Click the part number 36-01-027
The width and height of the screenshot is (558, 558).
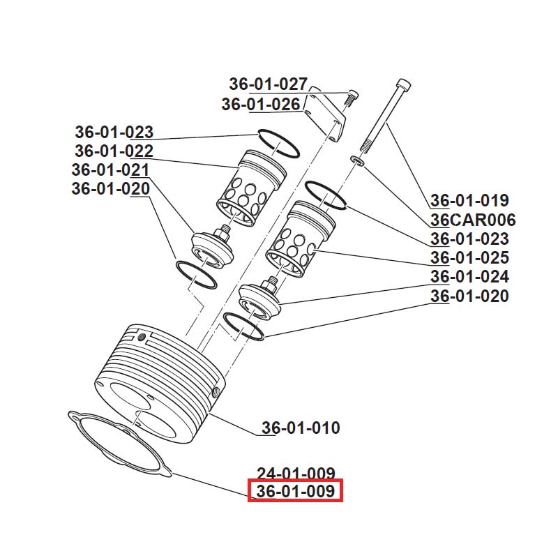coord(268,84)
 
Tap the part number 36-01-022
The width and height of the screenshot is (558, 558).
coord(114,151)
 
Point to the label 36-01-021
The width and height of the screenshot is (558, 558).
coord(110,169)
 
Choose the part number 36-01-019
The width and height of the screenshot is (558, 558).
coord(469,201)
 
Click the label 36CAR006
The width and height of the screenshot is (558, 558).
coord(472,220)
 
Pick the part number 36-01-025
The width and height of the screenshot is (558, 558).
coord(469,258)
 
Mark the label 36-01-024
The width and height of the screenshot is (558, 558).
coord(469,277)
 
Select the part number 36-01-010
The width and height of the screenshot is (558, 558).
coord(301,428)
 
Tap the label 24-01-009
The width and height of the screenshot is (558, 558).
coord(296,474)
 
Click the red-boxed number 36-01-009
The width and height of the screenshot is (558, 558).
coord(296,492)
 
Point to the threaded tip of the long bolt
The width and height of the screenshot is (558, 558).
coord(365,146)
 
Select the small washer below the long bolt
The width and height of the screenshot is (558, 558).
coord(357,162)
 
